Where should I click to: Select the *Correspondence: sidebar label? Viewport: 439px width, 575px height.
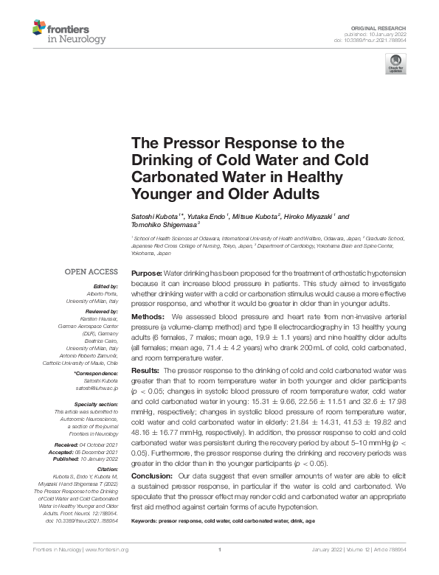(x=97, y=374)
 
